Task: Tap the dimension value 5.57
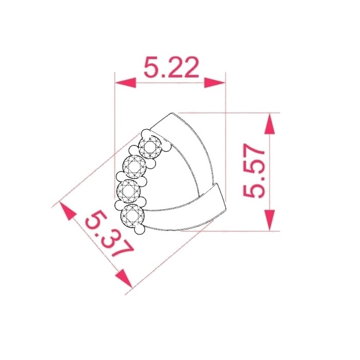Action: coord(254,171)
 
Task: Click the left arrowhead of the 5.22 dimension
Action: coord(125,83)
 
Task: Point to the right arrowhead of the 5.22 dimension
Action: coord(214,83)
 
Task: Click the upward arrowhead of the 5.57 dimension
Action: coord(269,123)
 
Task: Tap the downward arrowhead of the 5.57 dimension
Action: coord(269,221)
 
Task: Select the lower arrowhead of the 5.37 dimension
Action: coord(124,278)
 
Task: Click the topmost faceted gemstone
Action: coord(150,147)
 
